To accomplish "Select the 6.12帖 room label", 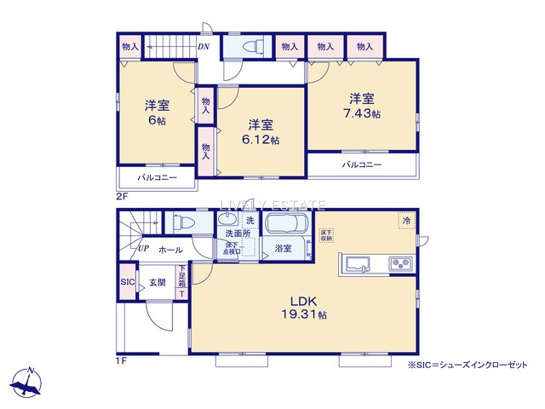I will (x=260, y=131).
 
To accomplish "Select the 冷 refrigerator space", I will (x=407, y=221).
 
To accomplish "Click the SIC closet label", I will (x=128, y=283).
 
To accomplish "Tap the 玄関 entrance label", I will (x=157, y=283).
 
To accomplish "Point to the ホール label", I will (x=169, y=250).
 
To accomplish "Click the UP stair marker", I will (x=144, y=249).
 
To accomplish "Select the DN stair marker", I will (x=204, y=47).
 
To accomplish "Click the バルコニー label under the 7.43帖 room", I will (x=362, y=164).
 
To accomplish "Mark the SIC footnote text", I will (x=468, y=364).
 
